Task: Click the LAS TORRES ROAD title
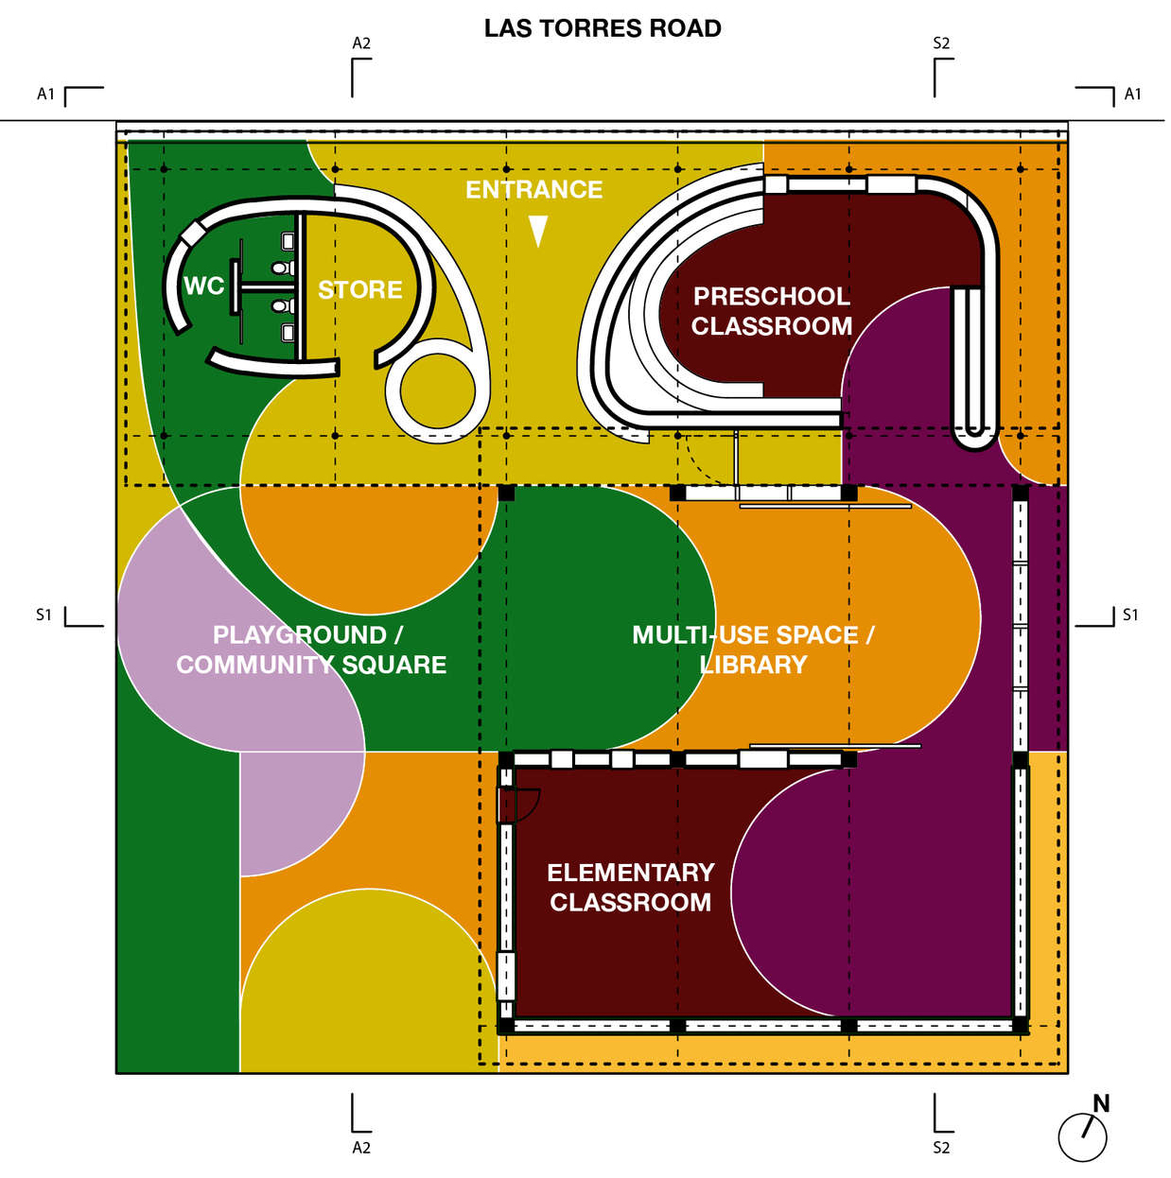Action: tap(603, 28)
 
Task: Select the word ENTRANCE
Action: tap(533, 190)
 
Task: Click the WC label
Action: tap(203, 286)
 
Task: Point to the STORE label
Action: tap(360, 289)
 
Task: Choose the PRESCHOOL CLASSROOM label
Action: tap(772, 311)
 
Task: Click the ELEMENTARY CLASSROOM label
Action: tap(631, 887)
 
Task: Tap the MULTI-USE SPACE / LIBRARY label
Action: tap(753, 650)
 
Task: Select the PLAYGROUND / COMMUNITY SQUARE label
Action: tap(310, 650)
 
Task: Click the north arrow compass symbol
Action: tap(1082, 1136)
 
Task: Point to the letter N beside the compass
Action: tap(1101, 1103)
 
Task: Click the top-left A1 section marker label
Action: tap(45, 94)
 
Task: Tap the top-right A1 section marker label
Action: tap(1132, 94)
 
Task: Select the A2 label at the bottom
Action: tap(361, 1148)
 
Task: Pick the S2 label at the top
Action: tap(941, 43)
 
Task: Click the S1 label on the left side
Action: tap(44, 615)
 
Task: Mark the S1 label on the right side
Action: tap(1129, 615)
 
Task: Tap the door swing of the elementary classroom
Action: tap(523, 804)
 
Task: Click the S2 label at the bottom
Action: tap(941, 1148)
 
